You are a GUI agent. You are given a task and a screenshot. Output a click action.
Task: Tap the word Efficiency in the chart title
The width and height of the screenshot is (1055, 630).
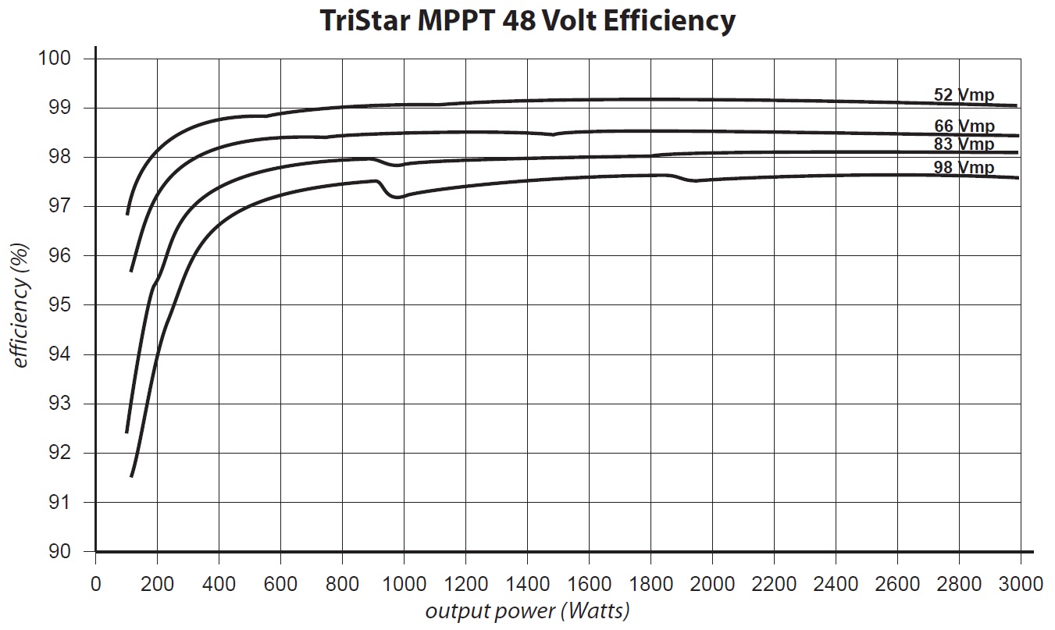[x=672, y=21]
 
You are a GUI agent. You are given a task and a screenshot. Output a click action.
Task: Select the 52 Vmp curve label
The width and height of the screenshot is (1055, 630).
[x=964, y=95]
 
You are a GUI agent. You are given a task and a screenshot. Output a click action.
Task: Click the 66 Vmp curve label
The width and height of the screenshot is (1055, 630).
[x=964, y=126]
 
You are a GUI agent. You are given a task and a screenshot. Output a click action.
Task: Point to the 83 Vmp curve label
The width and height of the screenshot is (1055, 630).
[x=964, y=144]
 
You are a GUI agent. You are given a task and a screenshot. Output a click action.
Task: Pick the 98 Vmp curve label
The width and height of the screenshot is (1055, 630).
[x=964, y=168]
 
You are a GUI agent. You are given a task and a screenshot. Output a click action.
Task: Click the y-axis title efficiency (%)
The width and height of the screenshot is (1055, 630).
[x=21, y=304]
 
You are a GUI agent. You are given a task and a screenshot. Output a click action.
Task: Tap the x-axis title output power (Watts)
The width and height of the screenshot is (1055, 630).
[x=527, y=610]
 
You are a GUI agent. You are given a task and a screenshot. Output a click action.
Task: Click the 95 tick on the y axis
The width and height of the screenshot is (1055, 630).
[x=59, y=305]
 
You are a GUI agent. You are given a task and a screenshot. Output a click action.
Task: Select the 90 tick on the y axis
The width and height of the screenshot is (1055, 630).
[x=59, y=552]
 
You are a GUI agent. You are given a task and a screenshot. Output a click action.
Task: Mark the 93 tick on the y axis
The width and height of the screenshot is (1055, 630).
[x=59, y=404]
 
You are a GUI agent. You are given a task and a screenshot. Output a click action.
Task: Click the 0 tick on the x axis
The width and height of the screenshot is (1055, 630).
[x=95, y=584]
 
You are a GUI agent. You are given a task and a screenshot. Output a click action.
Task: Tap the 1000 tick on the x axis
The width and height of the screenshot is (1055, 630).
[x=404, y=584]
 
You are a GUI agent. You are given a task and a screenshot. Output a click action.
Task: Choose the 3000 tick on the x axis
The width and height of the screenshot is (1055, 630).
[x=1021, y=584]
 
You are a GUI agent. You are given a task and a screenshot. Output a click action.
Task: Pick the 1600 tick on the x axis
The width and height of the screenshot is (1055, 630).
[x=589, y=584]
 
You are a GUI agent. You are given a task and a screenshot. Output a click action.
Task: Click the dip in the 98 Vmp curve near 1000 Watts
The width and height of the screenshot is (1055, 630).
[x=397, y=197]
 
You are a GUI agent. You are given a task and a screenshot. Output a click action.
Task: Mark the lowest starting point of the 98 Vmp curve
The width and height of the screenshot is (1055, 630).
[x=131, y=475]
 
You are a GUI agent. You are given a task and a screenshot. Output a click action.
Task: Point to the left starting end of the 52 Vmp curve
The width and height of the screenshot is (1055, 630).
[x=127, y=213]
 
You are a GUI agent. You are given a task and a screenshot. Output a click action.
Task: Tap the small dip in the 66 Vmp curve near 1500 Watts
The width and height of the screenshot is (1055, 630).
[x=552, y=134]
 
